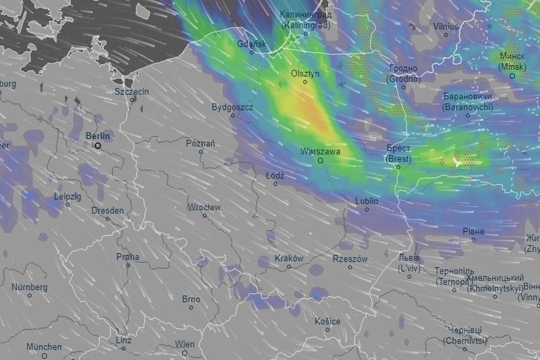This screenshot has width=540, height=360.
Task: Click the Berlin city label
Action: click(98, 135)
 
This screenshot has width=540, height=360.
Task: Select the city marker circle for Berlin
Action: click(98, 145)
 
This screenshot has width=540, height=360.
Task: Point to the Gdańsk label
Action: click(252, 45)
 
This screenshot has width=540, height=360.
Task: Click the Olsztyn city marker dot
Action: click(304, 82)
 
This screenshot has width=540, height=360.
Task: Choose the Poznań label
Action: click(200, 143)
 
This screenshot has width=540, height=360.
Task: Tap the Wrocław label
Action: click(203, 207)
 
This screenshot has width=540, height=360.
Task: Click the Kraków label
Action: click(289, 258)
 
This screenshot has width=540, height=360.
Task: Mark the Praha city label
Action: click(128, 256)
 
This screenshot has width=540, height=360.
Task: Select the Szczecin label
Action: click(132, 91)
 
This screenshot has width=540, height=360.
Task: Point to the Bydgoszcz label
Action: click(232, 107)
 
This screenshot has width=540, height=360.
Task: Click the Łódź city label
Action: click(275, 175)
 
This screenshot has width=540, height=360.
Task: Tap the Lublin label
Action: click(367, 201)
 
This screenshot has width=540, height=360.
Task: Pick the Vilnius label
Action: click(446, 26)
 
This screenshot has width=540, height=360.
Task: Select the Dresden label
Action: click(107, 210)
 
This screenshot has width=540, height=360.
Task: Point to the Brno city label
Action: click(191, 299)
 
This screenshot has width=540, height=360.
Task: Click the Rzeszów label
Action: click(350, 259)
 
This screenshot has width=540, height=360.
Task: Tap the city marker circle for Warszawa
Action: click(321, 161)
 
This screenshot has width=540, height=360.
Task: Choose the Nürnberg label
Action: click(29, 287)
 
